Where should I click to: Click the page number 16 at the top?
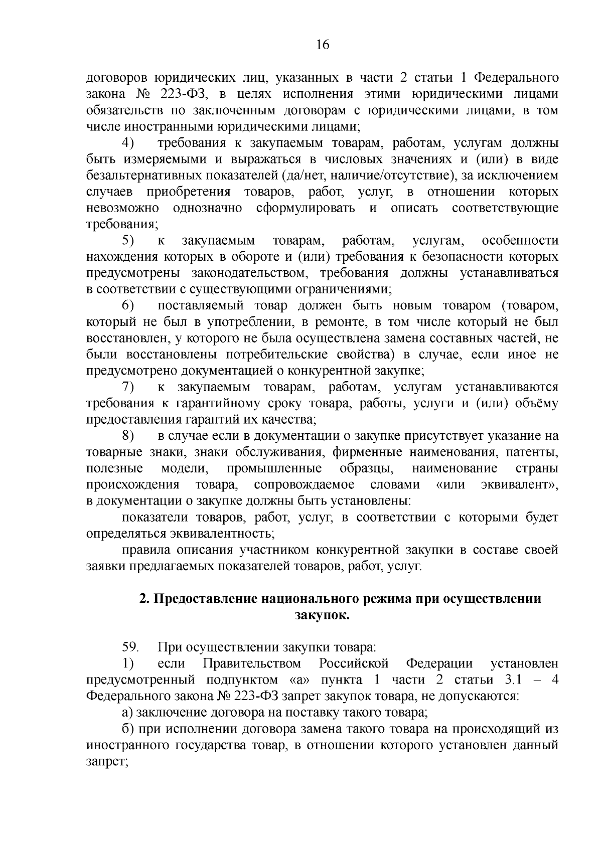click(322, 45)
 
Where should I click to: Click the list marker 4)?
click(128, 143)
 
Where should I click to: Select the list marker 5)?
click(128, 241)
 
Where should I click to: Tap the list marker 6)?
click(128, 305)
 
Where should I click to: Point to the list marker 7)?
click(128, 387)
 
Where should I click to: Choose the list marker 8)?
click(128, 436)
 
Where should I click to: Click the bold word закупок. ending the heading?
click(322, 615)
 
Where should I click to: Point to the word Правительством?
click(252, 664)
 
